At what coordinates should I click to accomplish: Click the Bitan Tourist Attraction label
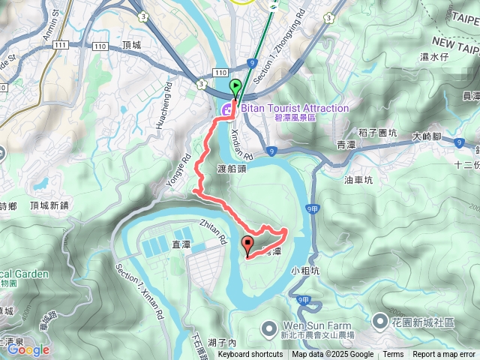[x=294, y=109]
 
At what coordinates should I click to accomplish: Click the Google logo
[x=28, y=349]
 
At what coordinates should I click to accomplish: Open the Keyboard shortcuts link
[x=250, y=355]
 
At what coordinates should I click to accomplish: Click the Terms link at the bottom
[x=393, y=355]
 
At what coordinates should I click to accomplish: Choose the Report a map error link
[x=444, y=355]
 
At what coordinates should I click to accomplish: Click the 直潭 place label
[x=181, y=244]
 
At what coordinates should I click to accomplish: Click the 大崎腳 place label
[x=427, y=137]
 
